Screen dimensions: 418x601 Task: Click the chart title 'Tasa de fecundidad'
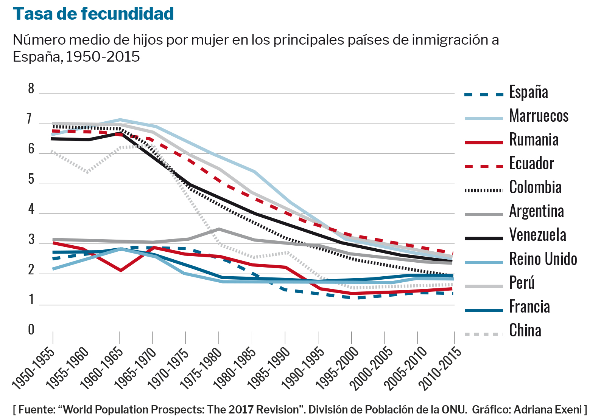[x=93, y=14]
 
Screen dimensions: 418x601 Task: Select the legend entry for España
[x=528, y=92]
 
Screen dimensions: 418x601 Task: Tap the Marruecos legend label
[x=539, y=116]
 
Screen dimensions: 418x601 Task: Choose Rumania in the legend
[x=534, y=139]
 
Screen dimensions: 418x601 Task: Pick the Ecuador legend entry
[x=531, y=163]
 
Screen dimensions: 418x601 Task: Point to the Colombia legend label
[x=535, y=187]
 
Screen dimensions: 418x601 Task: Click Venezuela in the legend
[x=537, y=235]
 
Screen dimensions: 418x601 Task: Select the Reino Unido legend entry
[x=543, y=259]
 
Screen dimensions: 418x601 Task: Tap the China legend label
[x=525, y=330]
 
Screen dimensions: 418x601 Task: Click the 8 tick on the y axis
[x=31, y=89]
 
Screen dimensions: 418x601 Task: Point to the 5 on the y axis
[x=31, y=179]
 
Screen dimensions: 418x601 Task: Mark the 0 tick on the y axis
[x=31, y=330]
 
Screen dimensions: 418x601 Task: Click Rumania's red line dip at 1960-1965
[x=120, y=271]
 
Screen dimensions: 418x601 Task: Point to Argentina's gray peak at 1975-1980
[x=219, y=229]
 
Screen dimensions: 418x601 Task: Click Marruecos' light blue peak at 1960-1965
[x=120, y=120]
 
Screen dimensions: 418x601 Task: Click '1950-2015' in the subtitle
[x=103, y=57]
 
